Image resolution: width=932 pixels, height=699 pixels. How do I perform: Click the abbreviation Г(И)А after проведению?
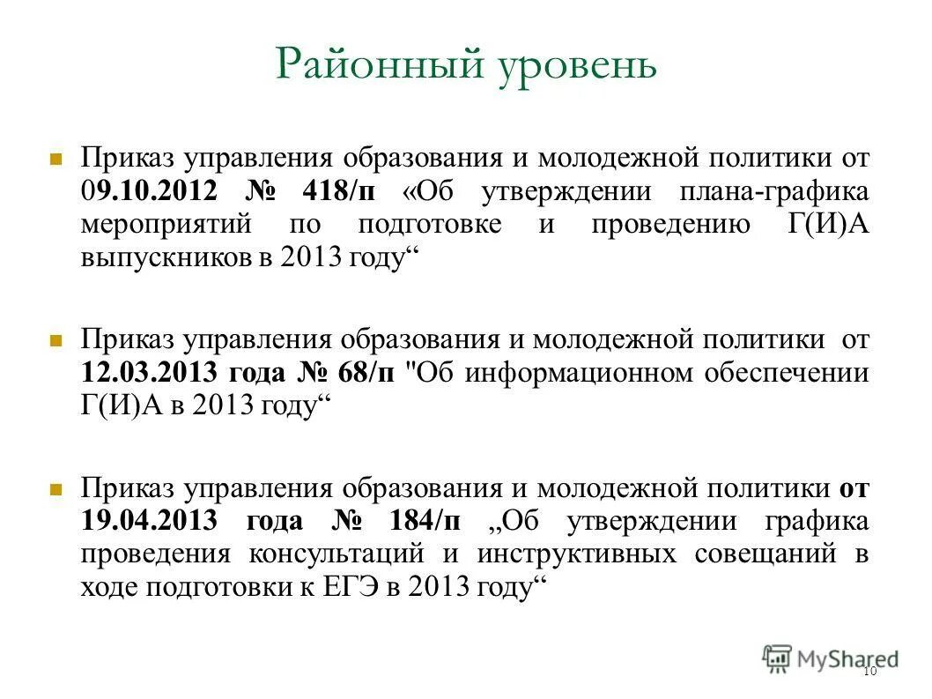click(x=825, y=225)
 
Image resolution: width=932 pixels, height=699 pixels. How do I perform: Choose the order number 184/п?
click(x=425, y=521)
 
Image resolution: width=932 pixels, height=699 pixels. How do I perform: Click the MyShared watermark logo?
click(x=831, y=658)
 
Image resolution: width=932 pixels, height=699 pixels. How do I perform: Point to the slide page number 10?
click(x=869, y=673)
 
